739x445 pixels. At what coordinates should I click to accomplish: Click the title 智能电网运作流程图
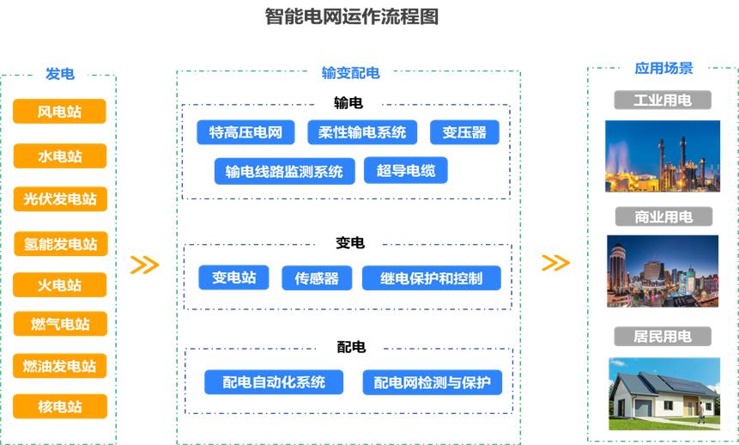[x=352, y=16]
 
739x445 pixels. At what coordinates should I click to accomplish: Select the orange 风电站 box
[x=59, y=112]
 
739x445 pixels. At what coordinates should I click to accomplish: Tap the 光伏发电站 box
[x=59, y=199]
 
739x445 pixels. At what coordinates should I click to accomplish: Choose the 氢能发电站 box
[x=60, y=244]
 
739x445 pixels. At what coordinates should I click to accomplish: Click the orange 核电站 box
[x=59, y=406]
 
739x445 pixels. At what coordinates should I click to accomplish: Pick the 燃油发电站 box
[x=59, y=366]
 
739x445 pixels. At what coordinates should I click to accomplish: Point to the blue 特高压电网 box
[x=245, y=132]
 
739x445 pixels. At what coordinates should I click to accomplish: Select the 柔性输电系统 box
[x=361, y=132]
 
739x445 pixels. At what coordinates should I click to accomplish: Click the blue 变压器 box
[x=464, y=132]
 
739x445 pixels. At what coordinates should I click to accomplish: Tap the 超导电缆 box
[x=406, y=171]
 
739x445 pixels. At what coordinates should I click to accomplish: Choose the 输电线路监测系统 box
[x=283, y=171]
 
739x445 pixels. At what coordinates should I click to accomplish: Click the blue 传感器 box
[x=317, y=278]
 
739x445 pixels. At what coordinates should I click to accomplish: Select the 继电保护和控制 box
[x=431, y=278]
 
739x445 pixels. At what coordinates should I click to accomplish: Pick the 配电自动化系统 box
[x=274, y=382]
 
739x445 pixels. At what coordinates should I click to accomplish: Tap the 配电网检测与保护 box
[x=432, y=382]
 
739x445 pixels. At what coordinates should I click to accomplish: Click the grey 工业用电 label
[x=662, y=101]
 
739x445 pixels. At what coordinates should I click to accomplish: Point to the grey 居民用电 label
[x=662, y=336]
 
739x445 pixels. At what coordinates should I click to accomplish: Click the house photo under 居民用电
[x=663, y=393]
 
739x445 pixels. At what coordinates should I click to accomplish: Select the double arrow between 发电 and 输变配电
[x=144, y=265]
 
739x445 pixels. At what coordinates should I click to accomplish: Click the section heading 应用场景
[x=663, y=68]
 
